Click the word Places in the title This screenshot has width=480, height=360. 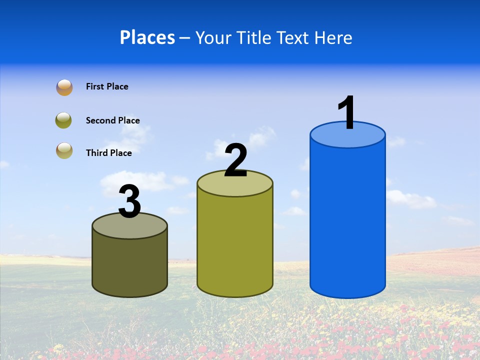point(147,37)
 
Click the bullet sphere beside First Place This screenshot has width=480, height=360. point(64,87)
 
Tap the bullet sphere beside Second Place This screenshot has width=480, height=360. point(64,120)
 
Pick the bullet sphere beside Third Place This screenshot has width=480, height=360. point(64,150)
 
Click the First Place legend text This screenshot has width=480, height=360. point(107,86)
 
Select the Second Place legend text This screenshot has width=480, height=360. point(112,120)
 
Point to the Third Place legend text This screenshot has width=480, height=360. point(108,153)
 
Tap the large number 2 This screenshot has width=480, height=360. point(235,160)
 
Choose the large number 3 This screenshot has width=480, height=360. point(129,202)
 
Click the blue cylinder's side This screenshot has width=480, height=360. point(347,220)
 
